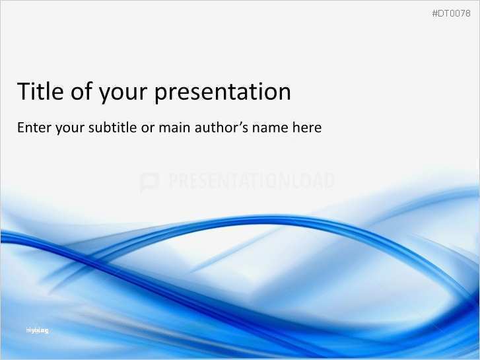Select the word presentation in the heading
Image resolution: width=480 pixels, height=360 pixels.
[223, 93]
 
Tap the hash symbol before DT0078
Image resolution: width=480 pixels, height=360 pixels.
[434, 14]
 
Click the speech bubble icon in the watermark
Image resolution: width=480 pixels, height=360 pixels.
[149, 182]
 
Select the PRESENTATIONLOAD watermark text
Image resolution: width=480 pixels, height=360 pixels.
[251, 181]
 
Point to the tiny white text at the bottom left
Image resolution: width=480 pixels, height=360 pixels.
[37, 330]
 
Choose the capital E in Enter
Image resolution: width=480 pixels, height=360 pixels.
[21, 127]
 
